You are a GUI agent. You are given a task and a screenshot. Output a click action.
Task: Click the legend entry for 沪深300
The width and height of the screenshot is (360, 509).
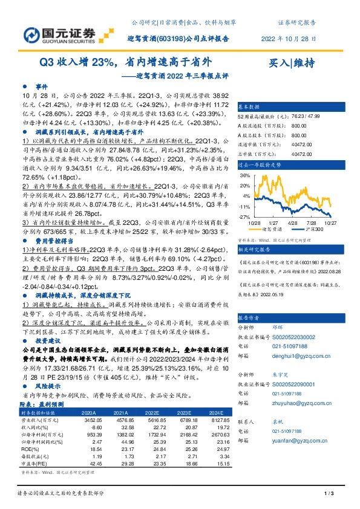(x=317, y=231)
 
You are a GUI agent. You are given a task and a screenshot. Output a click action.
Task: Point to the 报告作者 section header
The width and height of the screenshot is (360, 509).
(x=249, y=317)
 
